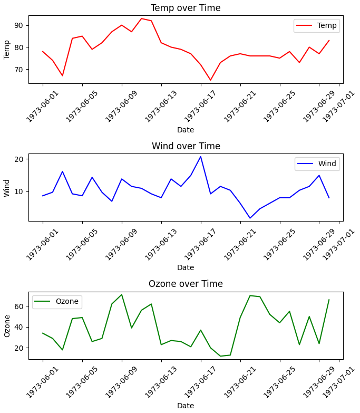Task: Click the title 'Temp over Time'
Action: [x=186, y=8]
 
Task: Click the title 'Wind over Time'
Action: [x=186, y=146]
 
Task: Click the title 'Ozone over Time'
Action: [x=186, y=284]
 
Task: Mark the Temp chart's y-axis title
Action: [x=7, y=49]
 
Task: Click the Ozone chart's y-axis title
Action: [x=7, y=325]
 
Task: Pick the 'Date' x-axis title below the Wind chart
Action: [x=186, y=267]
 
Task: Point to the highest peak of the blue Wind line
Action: [x=201, y=156]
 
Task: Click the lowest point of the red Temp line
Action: [x=210, y=80]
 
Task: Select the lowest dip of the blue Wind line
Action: [x=250, y=218]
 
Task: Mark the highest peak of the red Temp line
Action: [x=141, y=18]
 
